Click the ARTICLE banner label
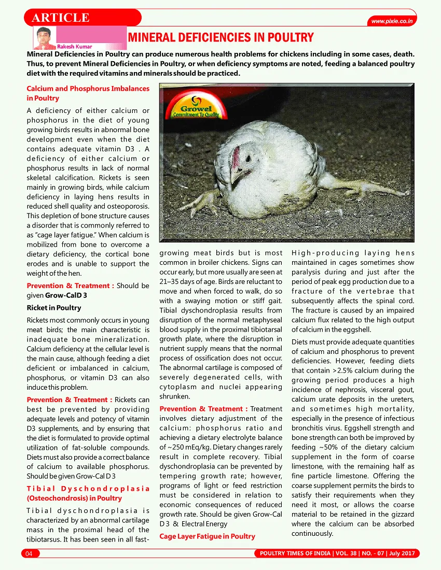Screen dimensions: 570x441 [61, 17]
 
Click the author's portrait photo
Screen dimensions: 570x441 [45, 37]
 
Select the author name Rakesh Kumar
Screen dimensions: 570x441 [74, 47]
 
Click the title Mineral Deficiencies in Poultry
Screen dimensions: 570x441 [220, 37]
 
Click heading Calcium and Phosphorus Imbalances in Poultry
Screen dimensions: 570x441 [88, 93]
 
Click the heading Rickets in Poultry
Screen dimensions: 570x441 [54, 308]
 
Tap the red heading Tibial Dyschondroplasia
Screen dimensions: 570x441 [88, 493]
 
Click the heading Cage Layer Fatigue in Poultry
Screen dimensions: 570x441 [207, 536]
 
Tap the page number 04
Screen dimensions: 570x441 [29, 554]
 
